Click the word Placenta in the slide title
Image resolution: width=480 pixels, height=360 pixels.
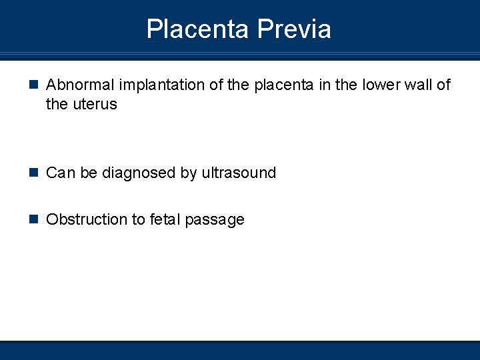[198, 29]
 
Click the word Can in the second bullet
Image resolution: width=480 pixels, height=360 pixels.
[61, 173]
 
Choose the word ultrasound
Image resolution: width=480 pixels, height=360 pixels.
[238, 173]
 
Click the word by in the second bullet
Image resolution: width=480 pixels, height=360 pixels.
[188, 173]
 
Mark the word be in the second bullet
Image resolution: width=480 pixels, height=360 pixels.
[89, 173]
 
